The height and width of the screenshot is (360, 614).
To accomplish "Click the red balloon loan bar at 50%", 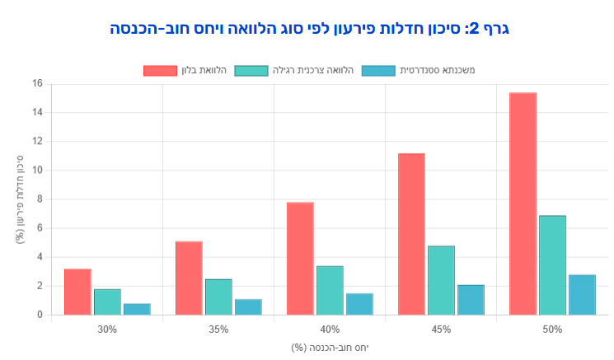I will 523,203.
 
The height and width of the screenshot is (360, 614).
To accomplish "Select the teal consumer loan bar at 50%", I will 552,265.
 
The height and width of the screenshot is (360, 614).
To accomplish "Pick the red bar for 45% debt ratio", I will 411,234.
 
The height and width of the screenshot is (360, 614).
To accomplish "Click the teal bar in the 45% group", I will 441,280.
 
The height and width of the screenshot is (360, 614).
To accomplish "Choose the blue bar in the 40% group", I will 359,304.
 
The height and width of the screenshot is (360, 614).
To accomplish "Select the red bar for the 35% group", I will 189,278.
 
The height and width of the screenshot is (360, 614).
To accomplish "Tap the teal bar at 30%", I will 107,302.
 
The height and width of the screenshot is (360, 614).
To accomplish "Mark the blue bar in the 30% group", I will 137,309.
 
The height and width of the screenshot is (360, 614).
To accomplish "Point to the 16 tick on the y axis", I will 36,83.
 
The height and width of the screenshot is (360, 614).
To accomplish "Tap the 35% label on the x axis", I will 218,330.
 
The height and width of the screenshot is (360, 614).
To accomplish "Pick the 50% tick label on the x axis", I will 552,330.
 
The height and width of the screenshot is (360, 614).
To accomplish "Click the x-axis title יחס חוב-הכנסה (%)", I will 330,347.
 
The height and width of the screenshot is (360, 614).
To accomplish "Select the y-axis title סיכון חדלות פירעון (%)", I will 19,199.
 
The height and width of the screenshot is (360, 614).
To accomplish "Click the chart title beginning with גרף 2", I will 310,30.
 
